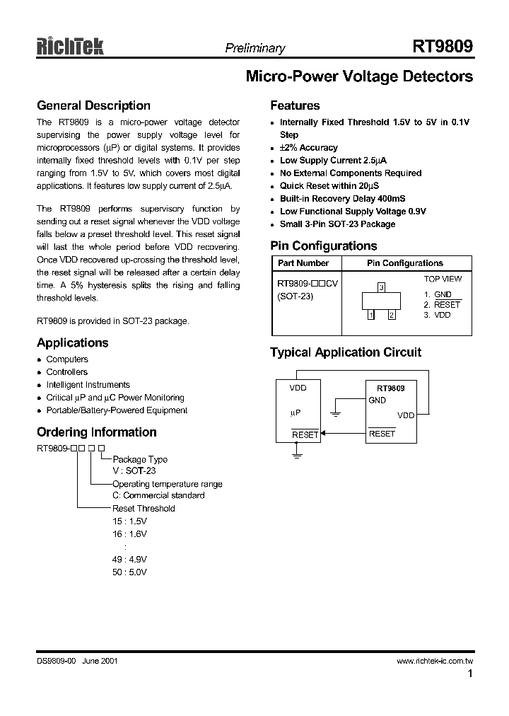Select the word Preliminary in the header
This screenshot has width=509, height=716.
[255, 49]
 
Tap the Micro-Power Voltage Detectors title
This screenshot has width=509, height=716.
[358, 77]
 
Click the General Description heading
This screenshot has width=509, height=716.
[93, 106]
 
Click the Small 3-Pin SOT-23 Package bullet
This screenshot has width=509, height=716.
[337, 224]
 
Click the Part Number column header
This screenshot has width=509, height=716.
[303, 263]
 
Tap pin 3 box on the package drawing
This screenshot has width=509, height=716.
[381, 287]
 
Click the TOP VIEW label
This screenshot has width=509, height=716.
[443, 279]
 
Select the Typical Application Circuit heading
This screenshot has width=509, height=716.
[346, 352]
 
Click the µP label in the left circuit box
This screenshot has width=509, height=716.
[296, 412]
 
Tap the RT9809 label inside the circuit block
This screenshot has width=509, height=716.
[390, 388]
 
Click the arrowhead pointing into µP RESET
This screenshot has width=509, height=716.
[323, 434]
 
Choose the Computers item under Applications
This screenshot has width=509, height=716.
[67, 359]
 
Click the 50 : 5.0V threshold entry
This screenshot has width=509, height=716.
[129, 572]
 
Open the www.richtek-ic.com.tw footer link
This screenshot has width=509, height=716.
[434, 661]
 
